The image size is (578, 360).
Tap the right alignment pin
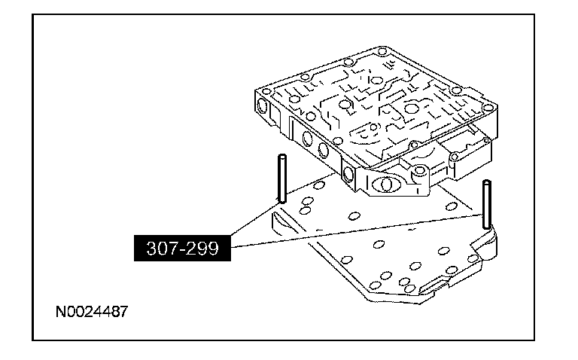[x=488, y=205]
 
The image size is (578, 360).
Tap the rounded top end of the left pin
[x=281, y=157]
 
